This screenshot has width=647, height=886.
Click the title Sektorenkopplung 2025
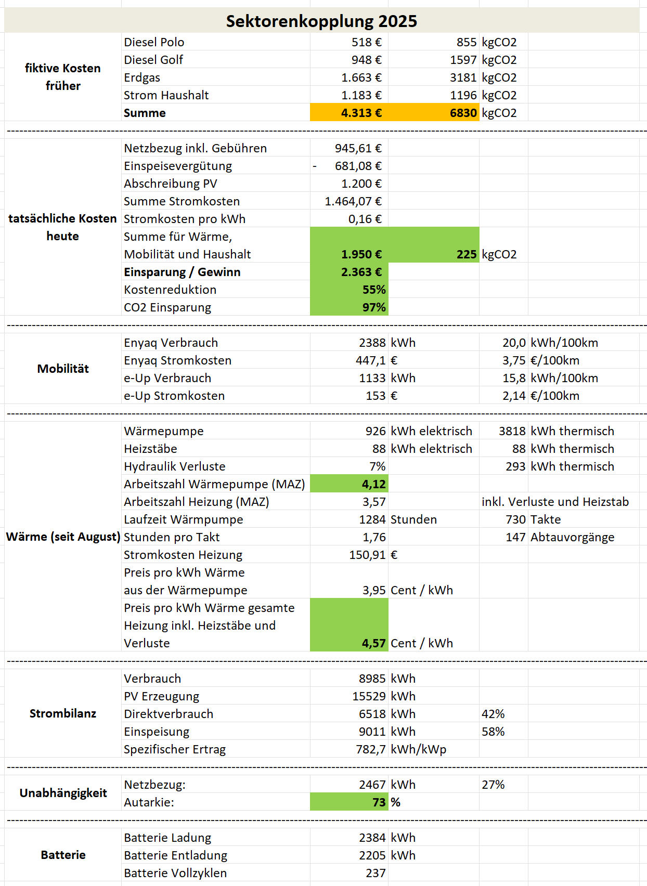[321, 21]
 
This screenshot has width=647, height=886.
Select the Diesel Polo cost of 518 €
[366, 42]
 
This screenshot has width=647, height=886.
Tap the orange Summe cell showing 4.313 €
[361, 113]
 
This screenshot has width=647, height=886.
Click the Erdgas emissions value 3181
[463, 77]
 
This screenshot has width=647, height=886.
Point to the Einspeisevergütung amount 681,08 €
[358, 166]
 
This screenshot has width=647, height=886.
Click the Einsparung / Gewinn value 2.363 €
[361, 272]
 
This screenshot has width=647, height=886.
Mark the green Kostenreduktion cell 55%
[373, 290]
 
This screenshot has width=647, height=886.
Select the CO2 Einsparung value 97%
[373, 307]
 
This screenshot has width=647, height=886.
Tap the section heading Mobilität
[63, 369]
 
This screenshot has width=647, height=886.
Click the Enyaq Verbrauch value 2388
[372, 343]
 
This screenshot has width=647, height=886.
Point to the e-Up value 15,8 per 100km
[514, 378]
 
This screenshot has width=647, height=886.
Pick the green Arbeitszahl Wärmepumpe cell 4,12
[373, 484]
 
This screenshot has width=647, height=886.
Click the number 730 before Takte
[515, 519]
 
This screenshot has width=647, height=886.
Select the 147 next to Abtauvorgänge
[515, 537]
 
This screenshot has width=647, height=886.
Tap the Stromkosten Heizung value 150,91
[367, 555]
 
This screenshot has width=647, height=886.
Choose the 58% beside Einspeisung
[493, 732]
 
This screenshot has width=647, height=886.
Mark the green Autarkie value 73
[379, 802]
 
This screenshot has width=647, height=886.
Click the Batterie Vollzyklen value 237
[376, 873]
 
